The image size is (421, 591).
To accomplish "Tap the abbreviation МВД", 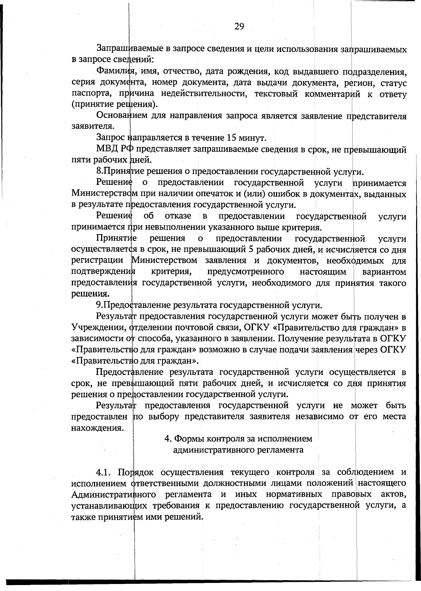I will pos(107,149).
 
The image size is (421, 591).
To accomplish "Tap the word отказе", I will pos(178,216).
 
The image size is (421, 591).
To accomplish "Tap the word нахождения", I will pos(98,428).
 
